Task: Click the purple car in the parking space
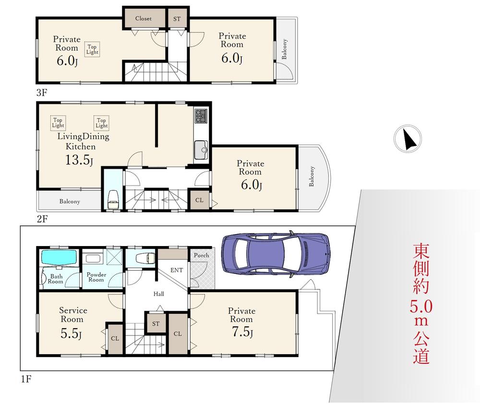[x=276, y=254]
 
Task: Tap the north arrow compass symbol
[x=408, y=139]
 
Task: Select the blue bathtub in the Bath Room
[x=59, y=258]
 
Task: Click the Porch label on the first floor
[x=202, y=255]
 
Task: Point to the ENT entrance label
[x=177, y=270]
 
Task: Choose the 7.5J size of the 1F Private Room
[x=242, y=332]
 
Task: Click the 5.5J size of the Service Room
[x=71, y=334]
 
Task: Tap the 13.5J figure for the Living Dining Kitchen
[x=79, y=160]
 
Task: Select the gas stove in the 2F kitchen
[x=201, y=116]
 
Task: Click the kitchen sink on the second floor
[x=201, y=150]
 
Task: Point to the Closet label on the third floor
[x=143, y=18]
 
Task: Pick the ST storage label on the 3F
[x=177, y=19]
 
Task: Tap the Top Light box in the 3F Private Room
[x=92, y=49]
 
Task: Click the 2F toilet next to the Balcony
[x=114, y=199]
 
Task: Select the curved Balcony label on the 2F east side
[x=312, y=176]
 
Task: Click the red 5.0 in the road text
[x=421, y=307]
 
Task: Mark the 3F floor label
[x=42, y=93]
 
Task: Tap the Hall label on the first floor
[x=158, y=294]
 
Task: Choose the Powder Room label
[x=96, y=277]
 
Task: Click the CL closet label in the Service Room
[x=115, y=338]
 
